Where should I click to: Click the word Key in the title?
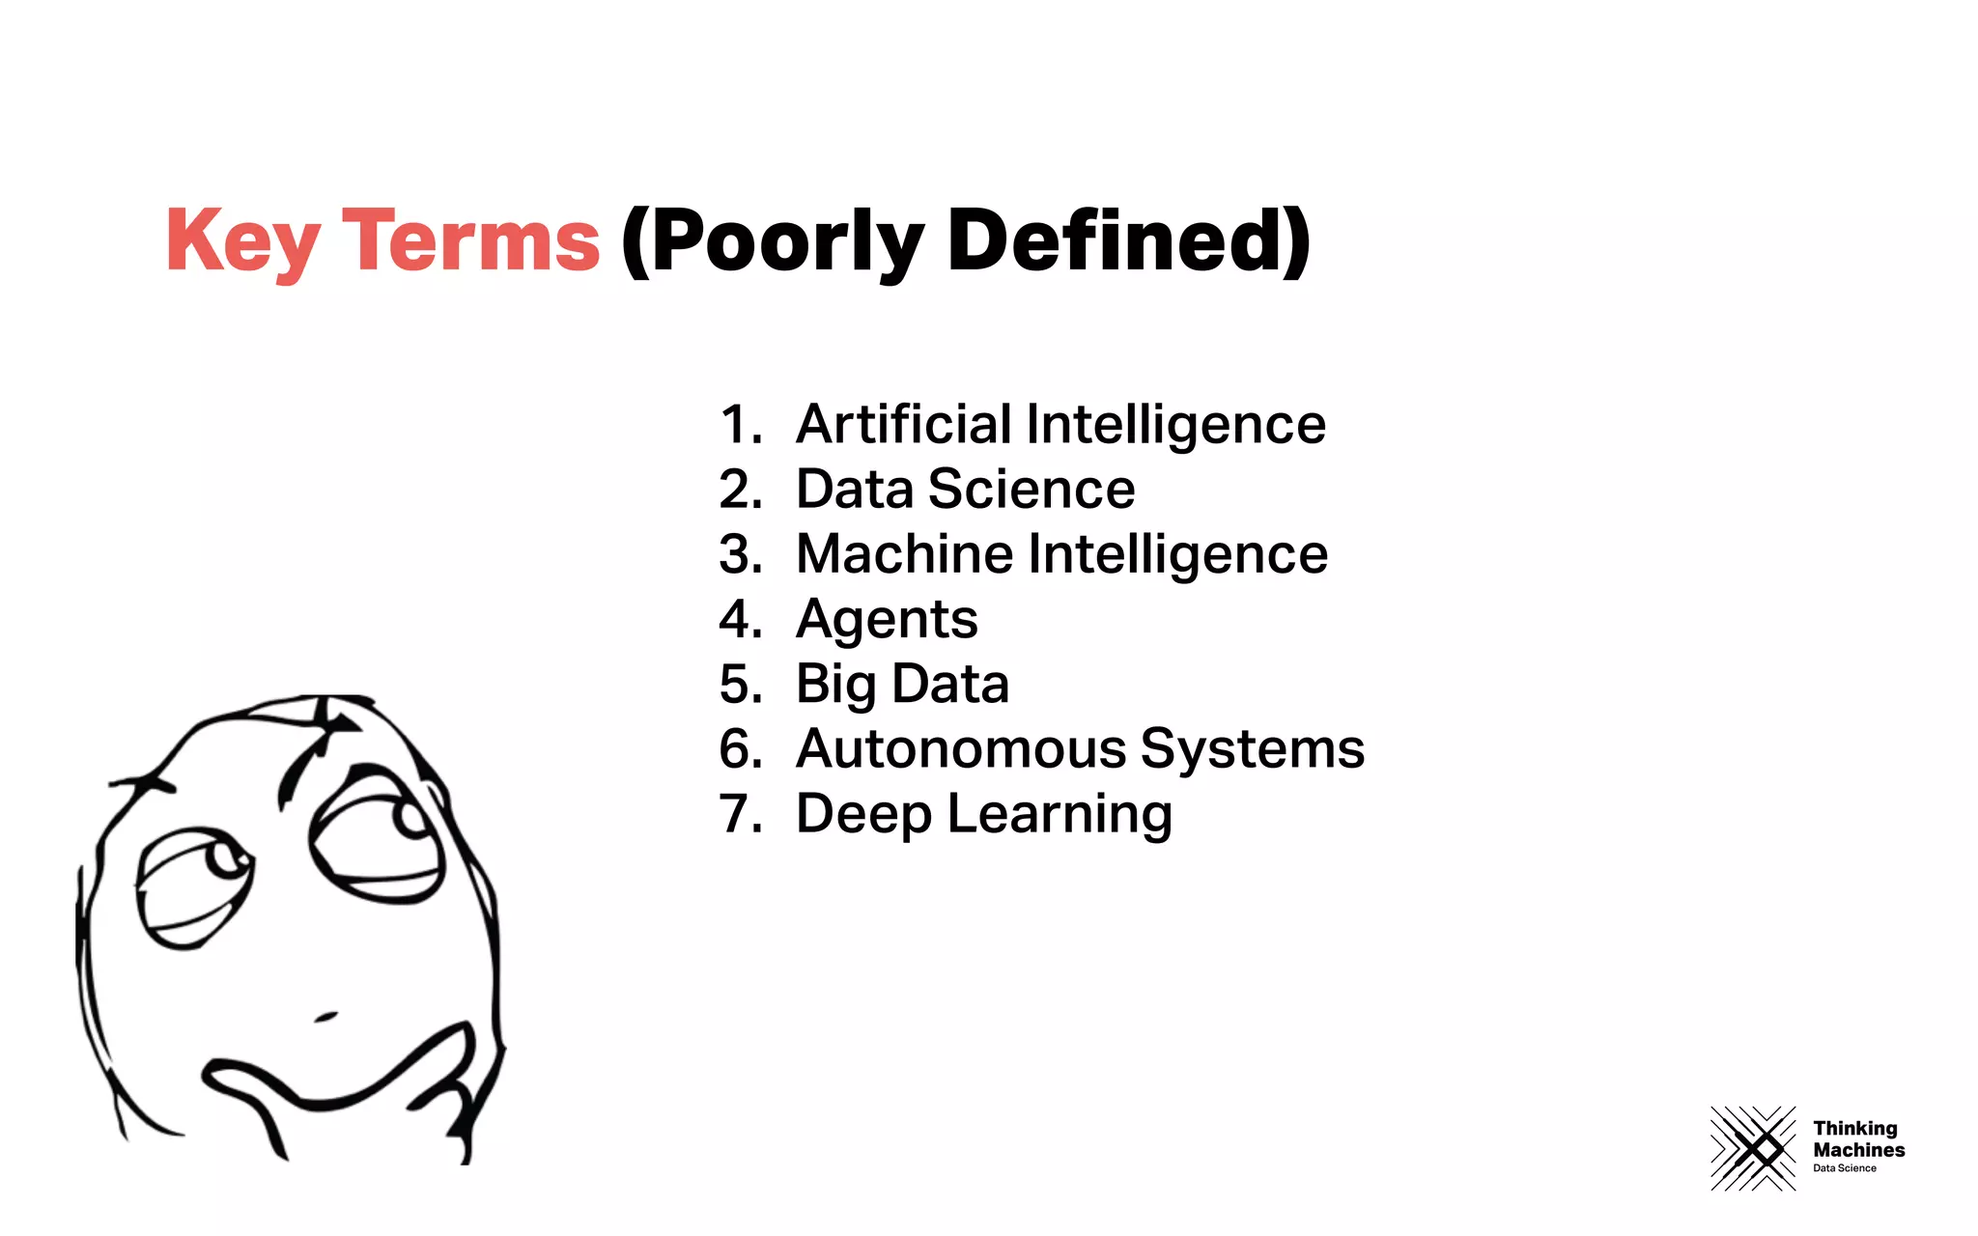coord(241,241)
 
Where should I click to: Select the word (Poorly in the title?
coord(773,241)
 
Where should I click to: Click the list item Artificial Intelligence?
coord(1060,425)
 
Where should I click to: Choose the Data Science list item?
coord(965,490)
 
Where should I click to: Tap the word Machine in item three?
coord(905,554)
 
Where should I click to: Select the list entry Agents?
coord(887,620)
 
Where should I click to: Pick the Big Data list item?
coord(902,685)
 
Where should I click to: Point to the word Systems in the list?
coord(1253,750)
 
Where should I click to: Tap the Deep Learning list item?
coord(983,814)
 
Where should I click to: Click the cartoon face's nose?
coord(325,1016)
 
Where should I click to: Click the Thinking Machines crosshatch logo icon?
coord(1753,1148)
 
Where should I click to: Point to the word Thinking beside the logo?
coord(1855,1128)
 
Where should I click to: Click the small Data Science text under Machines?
coord(1845,1168)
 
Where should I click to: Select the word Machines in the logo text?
coord(1859,1150)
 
